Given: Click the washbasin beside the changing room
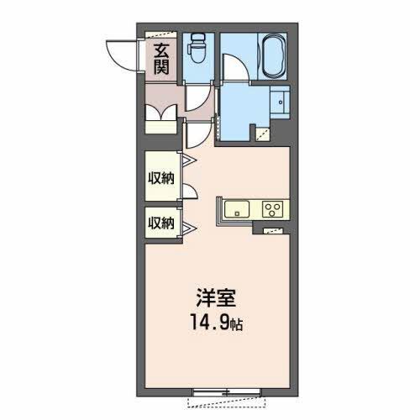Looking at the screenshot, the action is [x=280, y=102].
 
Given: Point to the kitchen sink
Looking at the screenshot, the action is [x=237, y=209].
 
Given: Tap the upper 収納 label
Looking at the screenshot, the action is [x=161, y=178].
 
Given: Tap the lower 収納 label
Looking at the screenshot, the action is [x=161, y=223].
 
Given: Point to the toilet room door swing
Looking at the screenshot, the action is [x=199, y=98].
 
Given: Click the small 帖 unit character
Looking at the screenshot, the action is [x=236, y=325].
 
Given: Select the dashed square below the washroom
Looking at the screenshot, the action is [x=263, y=135].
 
